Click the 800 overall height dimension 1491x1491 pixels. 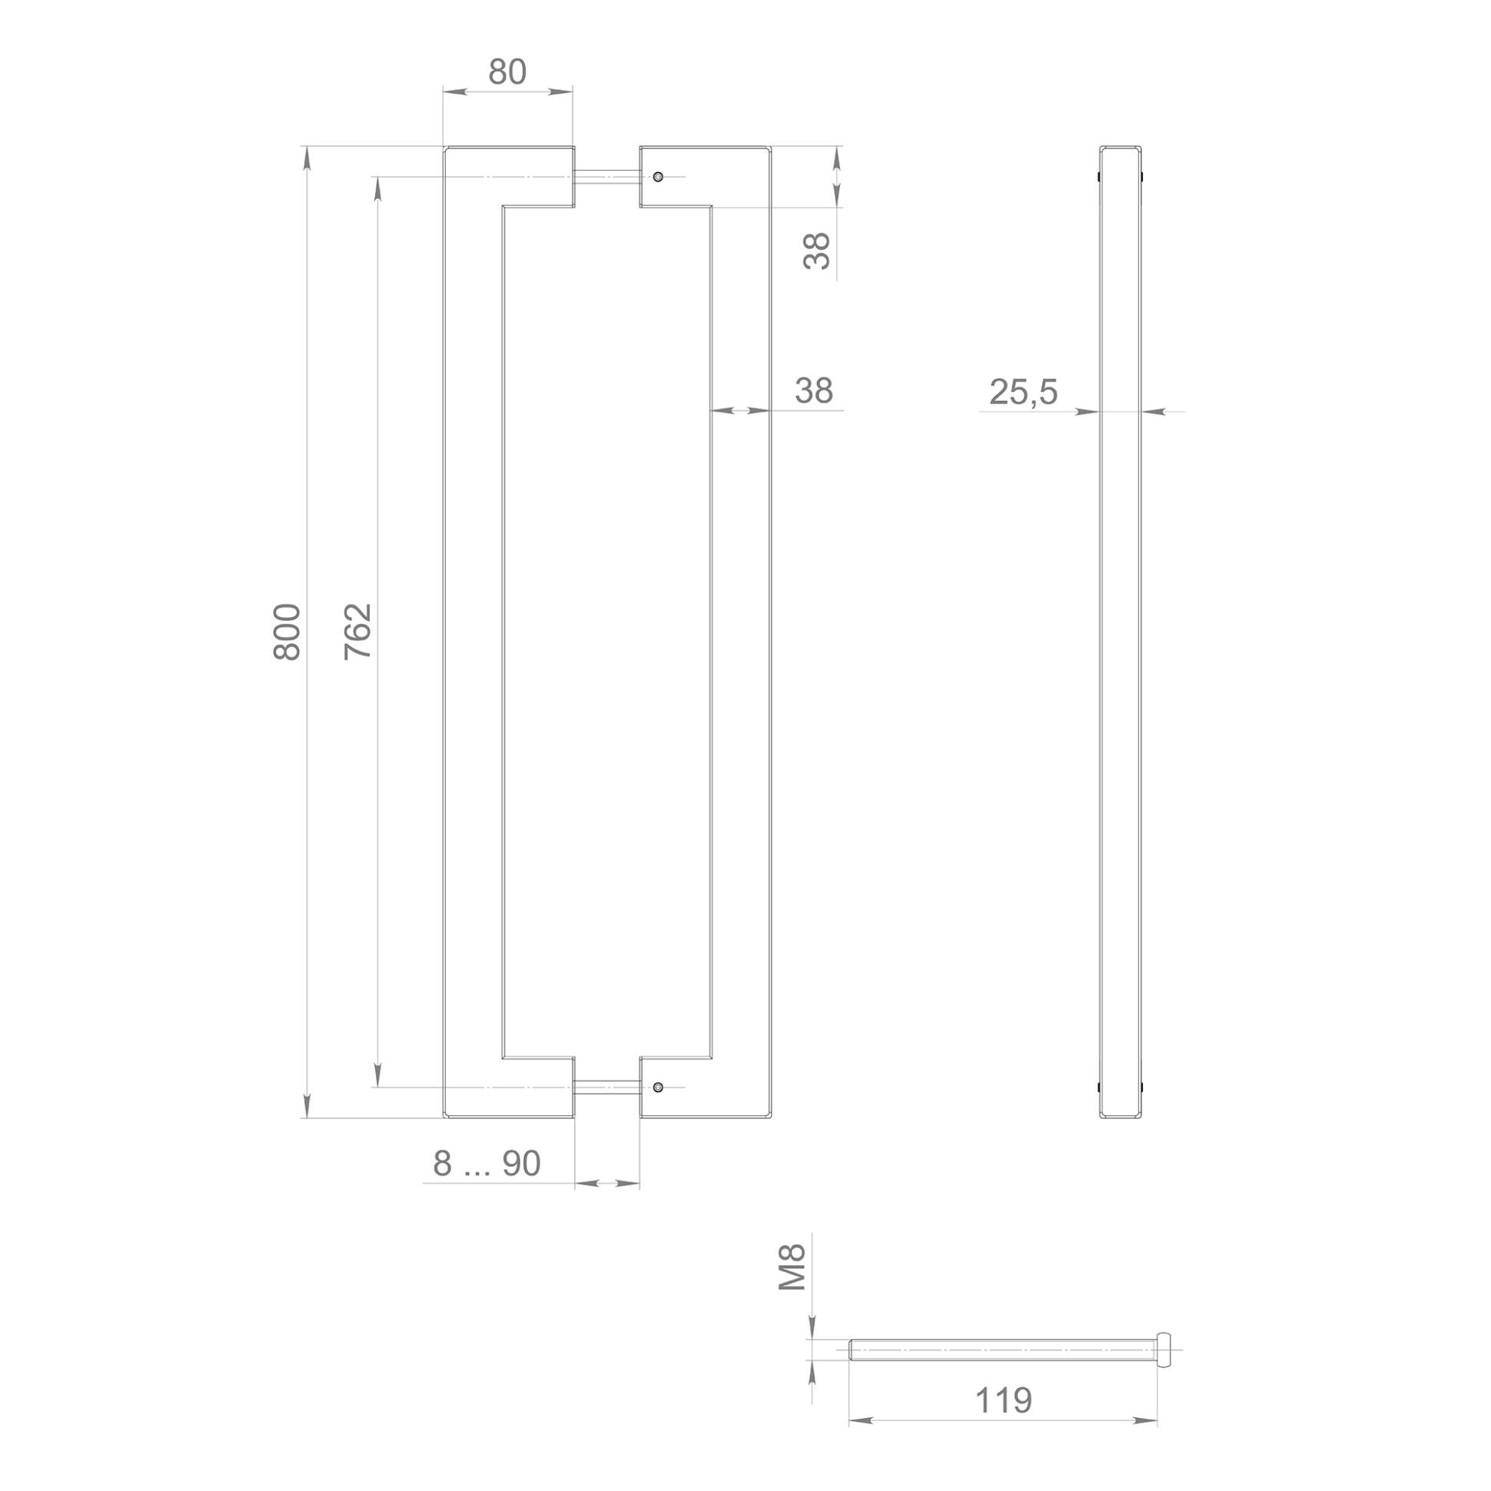pos(287,631)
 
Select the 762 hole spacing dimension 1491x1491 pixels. pos(358,631)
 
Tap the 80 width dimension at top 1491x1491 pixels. pos(508,71)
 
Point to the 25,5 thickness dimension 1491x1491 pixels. pos(1023,392)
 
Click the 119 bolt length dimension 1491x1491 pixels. pos(1003,1400)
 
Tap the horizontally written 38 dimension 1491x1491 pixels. pos(814,390)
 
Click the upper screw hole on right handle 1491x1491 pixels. pos(658,177)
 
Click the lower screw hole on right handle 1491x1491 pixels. pos(658,1087)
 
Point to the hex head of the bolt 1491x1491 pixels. pos(1164,1350)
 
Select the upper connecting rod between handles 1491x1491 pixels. pos(606,177)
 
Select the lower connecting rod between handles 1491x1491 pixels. pos(606,1087)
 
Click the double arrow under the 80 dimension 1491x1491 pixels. pos(508,91)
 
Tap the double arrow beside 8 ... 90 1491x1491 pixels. pos(607,1182)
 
